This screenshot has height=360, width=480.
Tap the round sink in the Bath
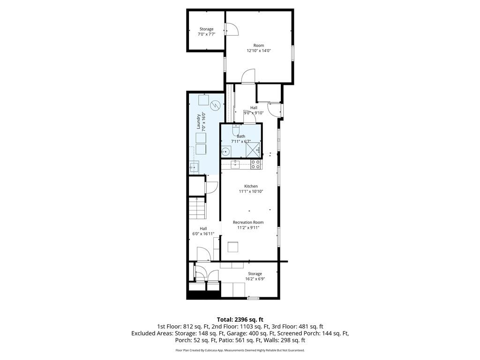pyautogui.click(x=226, y=151)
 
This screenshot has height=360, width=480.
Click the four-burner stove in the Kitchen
pyautogui.click(x=255, y=164)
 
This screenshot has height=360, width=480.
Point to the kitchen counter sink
pyautogui.click(x=235, y=164)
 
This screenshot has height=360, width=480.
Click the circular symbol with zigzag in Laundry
pyautogui.click(x=215, y=105)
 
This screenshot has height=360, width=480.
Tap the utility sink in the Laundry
pyautogui.click(x=194, y=167)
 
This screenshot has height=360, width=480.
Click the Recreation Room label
pyautogui.click(x=248, y=222)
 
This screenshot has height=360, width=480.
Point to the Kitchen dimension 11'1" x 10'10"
pyautogui.click(x=251, y=191)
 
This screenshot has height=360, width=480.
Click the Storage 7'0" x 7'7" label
pyautogui.click(x=206, y=34)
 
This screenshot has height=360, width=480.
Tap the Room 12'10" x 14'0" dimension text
pyautogui.click(x=259, y=51)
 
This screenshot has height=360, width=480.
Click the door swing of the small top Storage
pyautogui.click(x=232, y=29)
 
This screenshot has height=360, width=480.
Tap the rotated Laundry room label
pyautogui.click(x=199, y=121)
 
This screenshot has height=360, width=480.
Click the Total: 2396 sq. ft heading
pyautogui.click(x=240, y=320)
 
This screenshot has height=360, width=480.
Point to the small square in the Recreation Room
pyautogui.click(x=233, y=247)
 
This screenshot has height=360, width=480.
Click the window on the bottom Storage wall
pyautogui.click(x=253, y=298)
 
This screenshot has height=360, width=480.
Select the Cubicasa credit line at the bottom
pyautogui.click(x=240, y=350)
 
